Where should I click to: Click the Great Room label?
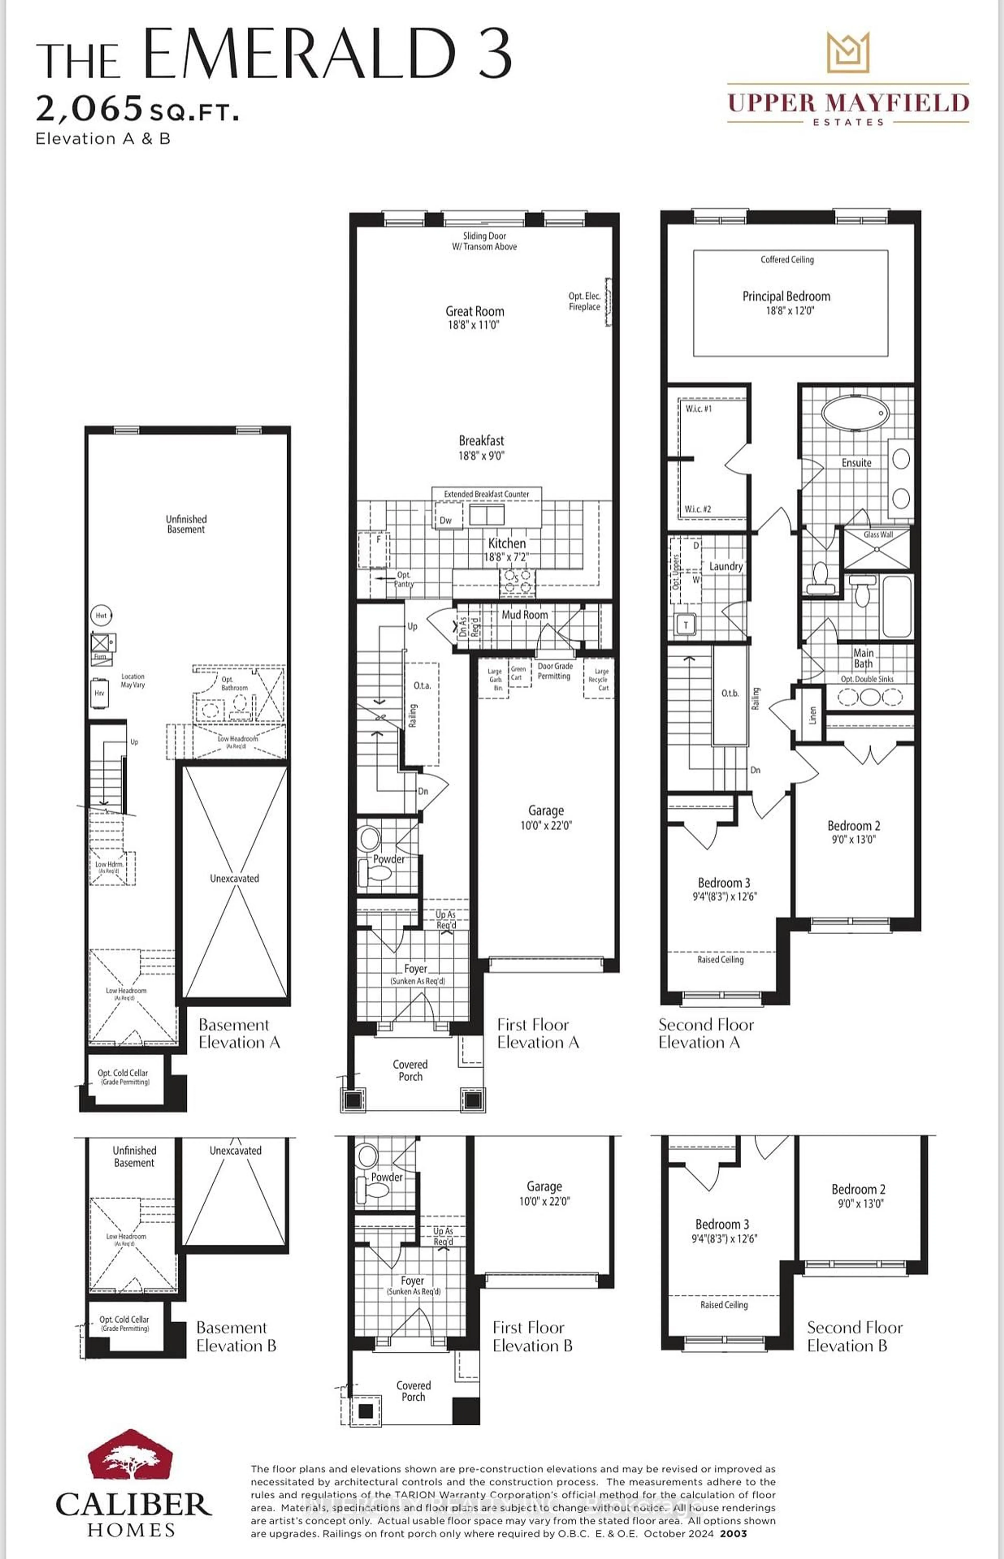tap(475, 312)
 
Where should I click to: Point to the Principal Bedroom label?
tap(786, 297)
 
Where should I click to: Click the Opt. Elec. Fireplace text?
tap(584, 301)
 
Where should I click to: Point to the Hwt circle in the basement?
tap(101, 615)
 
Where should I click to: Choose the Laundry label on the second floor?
tap(726, 566)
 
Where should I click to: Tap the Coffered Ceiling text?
tap(787, 260)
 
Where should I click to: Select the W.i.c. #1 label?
tap(698, 409)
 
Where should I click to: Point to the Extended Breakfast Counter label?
tap(486, 494)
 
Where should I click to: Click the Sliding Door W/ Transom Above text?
tap(484, 241)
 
